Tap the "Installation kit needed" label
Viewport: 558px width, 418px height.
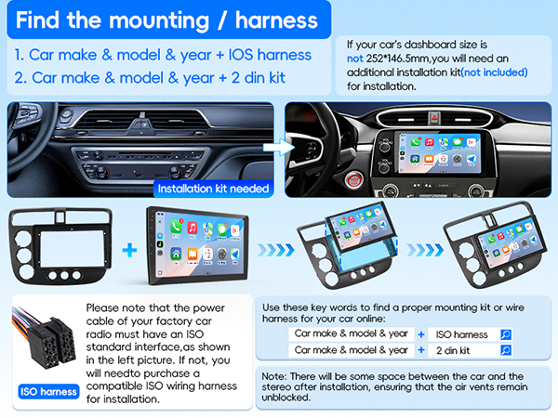point(214,189)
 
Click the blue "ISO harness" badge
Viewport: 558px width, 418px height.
point(46,391)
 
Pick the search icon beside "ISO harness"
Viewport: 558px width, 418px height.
point(505,333)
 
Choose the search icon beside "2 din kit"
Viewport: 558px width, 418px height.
point(505,350)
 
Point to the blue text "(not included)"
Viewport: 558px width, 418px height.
point(494,72)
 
